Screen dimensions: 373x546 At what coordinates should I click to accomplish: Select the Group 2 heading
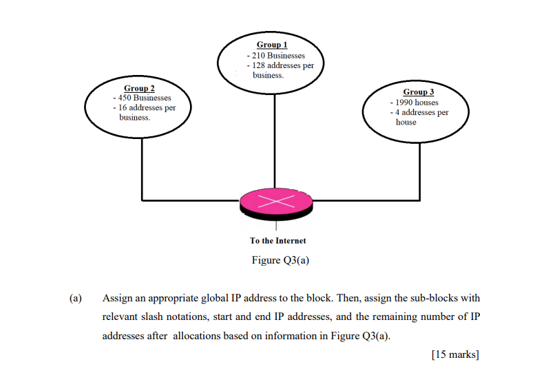coord(139,88)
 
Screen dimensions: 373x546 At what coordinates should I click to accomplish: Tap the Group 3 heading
coord(419,92)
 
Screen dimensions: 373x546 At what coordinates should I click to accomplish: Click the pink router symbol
coord(275,201)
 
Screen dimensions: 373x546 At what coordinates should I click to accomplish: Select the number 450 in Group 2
coord(126,98)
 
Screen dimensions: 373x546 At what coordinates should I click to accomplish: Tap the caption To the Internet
coord(277,241)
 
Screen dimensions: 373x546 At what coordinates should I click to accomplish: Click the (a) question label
coord(75,299)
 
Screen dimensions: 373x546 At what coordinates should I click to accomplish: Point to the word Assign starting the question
coord(118,299)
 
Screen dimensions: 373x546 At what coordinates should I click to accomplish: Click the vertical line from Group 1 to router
coord(275,138)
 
